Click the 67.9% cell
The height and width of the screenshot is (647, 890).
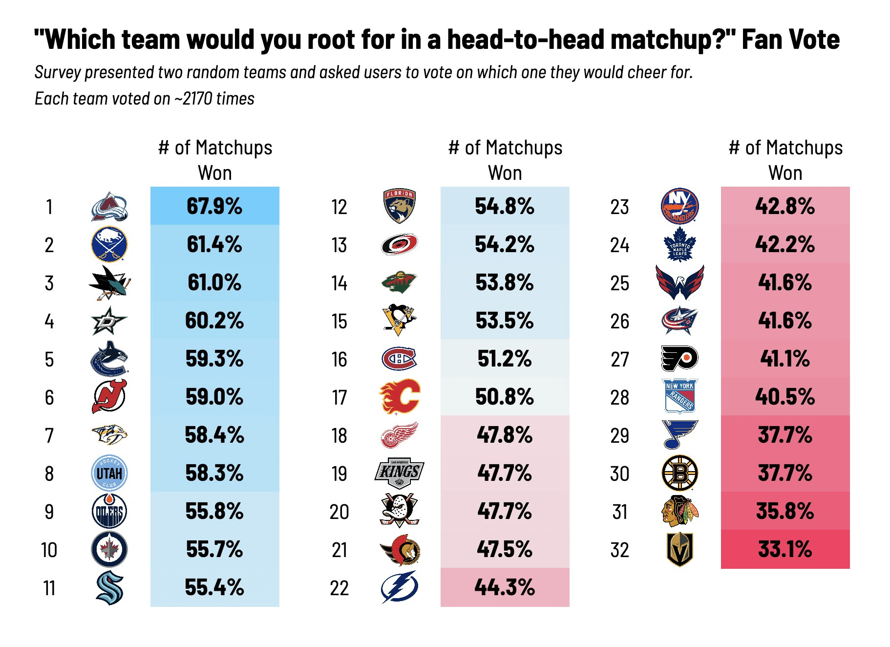[214, 206]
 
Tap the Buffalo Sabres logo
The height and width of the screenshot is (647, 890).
[109, 244]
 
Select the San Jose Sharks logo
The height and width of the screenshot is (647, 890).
[109, 282]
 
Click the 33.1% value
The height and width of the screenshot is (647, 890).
[785, 549]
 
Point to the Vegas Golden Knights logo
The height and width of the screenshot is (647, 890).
[680, 549]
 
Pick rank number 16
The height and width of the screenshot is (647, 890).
[339, 360]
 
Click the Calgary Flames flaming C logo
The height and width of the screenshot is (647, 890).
[400, 396]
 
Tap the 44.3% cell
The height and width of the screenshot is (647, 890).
[505, 587]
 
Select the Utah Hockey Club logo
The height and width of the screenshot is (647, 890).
[109, 473]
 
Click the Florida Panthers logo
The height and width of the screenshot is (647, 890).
[399, 206]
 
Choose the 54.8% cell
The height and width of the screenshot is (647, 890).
[505, 206]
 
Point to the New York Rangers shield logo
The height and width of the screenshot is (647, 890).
[680, 396]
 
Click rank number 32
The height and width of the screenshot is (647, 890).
[619, 550]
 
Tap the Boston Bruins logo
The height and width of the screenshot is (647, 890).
[680, 473]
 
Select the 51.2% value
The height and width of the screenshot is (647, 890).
[505, 359]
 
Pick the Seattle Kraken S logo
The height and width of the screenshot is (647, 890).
[109, 588]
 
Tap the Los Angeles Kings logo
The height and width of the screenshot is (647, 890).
[399, 473]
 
